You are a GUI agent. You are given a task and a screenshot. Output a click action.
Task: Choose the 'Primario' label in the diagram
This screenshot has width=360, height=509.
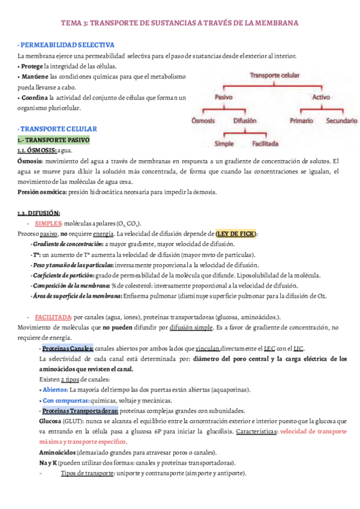(x=301, y=120)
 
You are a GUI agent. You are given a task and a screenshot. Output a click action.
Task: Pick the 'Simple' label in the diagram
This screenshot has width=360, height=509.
(x=224, y=144)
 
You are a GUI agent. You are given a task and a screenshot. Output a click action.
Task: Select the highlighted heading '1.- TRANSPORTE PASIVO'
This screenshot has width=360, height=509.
(x=53, y=140)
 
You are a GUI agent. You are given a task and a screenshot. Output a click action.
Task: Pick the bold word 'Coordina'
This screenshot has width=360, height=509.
(x=34, y=97)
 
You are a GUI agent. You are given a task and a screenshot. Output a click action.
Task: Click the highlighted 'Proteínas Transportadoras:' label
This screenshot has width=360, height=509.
(x=78, y=411)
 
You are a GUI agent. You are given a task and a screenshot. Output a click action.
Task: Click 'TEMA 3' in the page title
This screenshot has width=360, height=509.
(x=74, y=23)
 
